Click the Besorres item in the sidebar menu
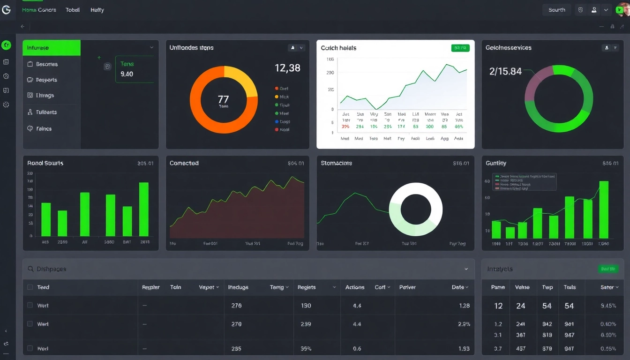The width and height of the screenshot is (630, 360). [x=46, y=64]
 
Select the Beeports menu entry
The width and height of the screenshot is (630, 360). [x=46, y=80]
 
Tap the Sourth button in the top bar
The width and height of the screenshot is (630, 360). [x=556, y=10]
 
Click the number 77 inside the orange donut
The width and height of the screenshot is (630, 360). [x=224, y=99]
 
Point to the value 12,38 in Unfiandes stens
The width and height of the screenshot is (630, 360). [x=287, y=68]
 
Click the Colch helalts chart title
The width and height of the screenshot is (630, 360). [x=338, y=48]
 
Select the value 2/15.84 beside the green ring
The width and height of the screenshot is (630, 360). [x=505, y=72]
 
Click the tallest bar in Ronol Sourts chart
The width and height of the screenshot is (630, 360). [x=144, y=209]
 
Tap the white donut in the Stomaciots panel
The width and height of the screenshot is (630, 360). [x=416, y=209]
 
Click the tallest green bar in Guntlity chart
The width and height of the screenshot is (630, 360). [x=604, y=210]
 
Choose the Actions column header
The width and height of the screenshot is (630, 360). [x=355, y=287]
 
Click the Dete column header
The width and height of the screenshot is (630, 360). [x=457, y=287]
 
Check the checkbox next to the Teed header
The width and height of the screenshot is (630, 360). [x=30, y=287]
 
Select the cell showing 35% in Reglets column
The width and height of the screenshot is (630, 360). [x=306, y=348]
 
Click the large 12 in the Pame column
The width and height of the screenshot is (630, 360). [x=498, y=306]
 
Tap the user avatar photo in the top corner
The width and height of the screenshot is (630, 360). [x=623, y=9]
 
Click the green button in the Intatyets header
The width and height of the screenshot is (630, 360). [x=608, y=269]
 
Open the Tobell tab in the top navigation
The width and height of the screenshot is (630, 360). [x=73, y=10]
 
